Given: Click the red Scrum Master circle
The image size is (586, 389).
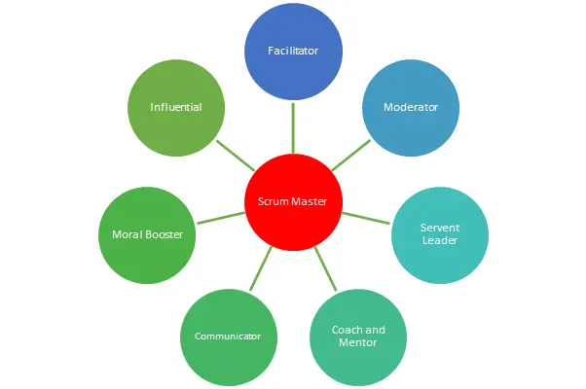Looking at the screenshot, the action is [293, 202].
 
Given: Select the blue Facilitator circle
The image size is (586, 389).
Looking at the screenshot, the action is [293, 52].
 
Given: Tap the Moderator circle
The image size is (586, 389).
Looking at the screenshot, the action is [411, 108].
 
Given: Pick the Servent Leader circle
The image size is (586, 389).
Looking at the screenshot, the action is [440, 235].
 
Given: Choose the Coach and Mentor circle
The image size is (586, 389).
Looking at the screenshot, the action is [358, 337].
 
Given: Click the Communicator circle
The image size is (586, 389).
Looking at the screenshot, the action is [229, 337].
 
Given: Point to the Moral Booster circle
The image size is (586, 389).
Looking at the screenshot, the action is [147, 235].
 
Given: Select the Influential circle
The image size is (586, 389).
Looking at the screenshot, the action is [176, 108].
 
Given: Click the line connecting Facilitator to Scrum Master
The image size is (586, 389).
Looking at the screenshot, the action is [293, 128].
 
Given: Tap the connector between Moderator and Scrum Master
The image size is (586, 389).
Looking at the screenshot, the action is [351, 156].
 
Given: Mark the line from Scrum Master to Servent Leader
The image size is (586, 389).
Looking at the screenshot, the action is [366, 218].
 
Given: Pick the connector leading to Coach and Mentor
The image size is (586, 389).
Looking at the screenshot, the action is [325, 268].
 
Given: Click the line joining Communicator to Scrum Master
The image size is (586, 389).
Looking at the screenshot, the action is [261, 268].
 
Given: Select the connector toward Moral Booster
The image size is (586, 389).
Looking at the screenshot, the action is [221, 218].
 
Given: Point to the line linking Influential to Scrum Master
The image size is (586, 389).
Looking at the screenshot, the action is [236, 156].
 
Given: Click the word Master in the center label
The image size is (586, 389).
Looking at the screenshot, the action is [310, 201].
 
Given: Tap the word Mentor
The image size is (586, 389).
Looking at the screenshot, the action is [357, 342].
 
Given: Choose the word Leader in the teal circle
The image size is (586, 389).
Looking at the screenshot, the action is [440, 240].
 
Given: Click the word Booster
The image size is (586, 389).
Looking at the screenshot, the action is [164, 234].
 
